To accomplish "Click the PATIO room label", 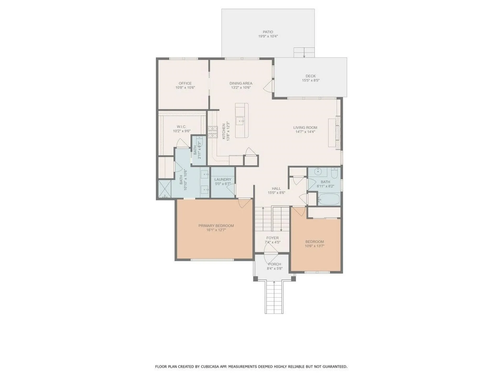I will click(268, 32).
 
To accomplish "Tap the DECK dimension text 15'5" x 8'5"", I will click(310, 80).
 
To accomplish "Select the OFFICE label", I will click(185, 83).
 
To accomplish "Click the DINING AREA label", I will click(241, 83).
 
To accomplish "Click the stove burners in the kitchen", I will click(213, 132).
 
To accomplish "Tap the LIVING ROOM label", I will click(305, 127).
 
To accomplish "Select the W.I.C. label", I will click(181, 127).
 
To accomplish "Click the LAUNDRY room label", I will click(223, 179).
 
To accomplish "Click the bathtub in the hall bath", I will click(329, 199).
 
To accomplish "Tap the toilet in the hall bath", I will click(335, 173).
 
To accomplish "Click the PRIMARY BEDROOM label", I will click(216, 226).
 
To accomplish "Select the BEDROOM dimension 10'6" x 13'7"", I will click(314, 246).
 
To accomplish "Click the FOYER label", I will click(272, 238).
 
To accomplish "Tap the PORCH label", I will click(274, 264).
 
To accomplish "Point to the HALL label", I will click(276, 188).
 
